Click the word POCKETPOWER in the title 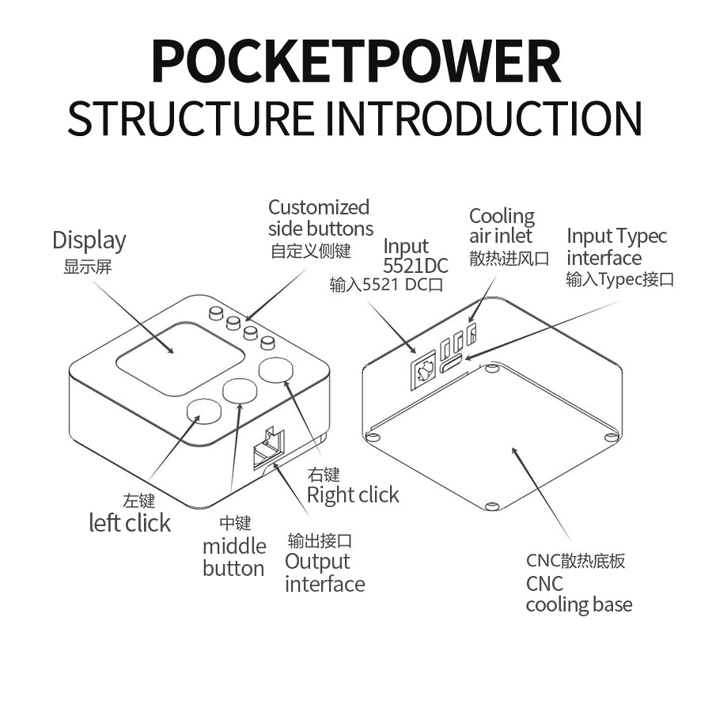point(355,61)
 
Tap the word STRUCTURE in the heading point(190,119)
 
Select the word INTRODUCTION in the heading point(483,119)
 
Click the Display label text point(89,240)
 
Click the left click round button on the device point(203,411)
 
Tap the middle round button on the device point(240,390)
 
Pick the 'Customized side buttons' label point(320,218)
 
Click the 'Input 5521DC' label point(415,256)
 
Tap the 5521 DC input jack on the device point(423,369)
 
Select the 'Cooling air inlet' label point(502,226)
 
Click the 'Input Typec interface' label point(616,247)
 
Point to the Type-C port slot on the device point(452,365)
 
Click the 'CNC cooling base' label point(578,594)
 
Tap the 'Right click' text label point(353,495)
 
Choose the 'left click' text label point(130,523)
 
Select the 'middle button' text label point(234,557)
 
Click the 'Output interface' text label point(324,573)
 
